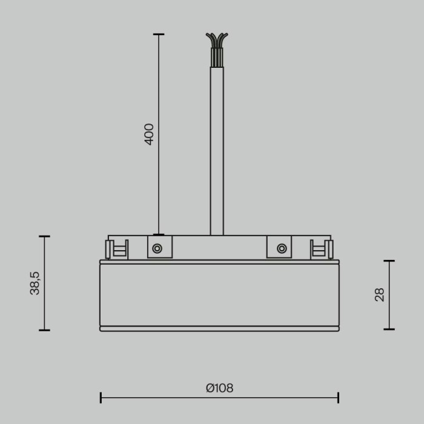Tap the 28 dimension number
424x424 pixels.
[x=380, y=295]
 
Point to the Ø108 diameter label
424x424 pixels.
[x=219, y=388]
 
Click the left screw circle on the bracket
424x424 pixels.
[x=157, y=248]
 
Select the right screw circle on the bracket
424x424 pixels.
[x=281, y=248]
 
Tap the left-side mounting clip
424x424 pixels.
[x=117, y=249]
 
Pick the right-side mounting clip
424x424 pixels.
[x=321, y=249]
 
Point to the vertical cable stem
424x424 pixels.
[x=216, y=151]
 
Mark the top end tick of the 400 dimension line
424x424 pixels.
[x=158, y=35]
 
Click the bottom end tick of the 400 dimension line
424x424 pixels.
[x=158, y=234]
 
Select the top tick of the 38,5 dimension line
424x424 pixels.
[x=44, y=236]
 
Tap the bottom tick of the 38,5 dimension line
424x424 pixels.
[x=44, y=330]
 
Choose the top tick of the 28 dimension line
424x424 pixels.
[x=389, y=261]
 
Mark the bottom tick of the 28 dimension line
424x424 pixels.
[x=389, y=330]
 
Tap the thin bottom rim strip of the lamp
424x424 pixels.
[x=219, y=328]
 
